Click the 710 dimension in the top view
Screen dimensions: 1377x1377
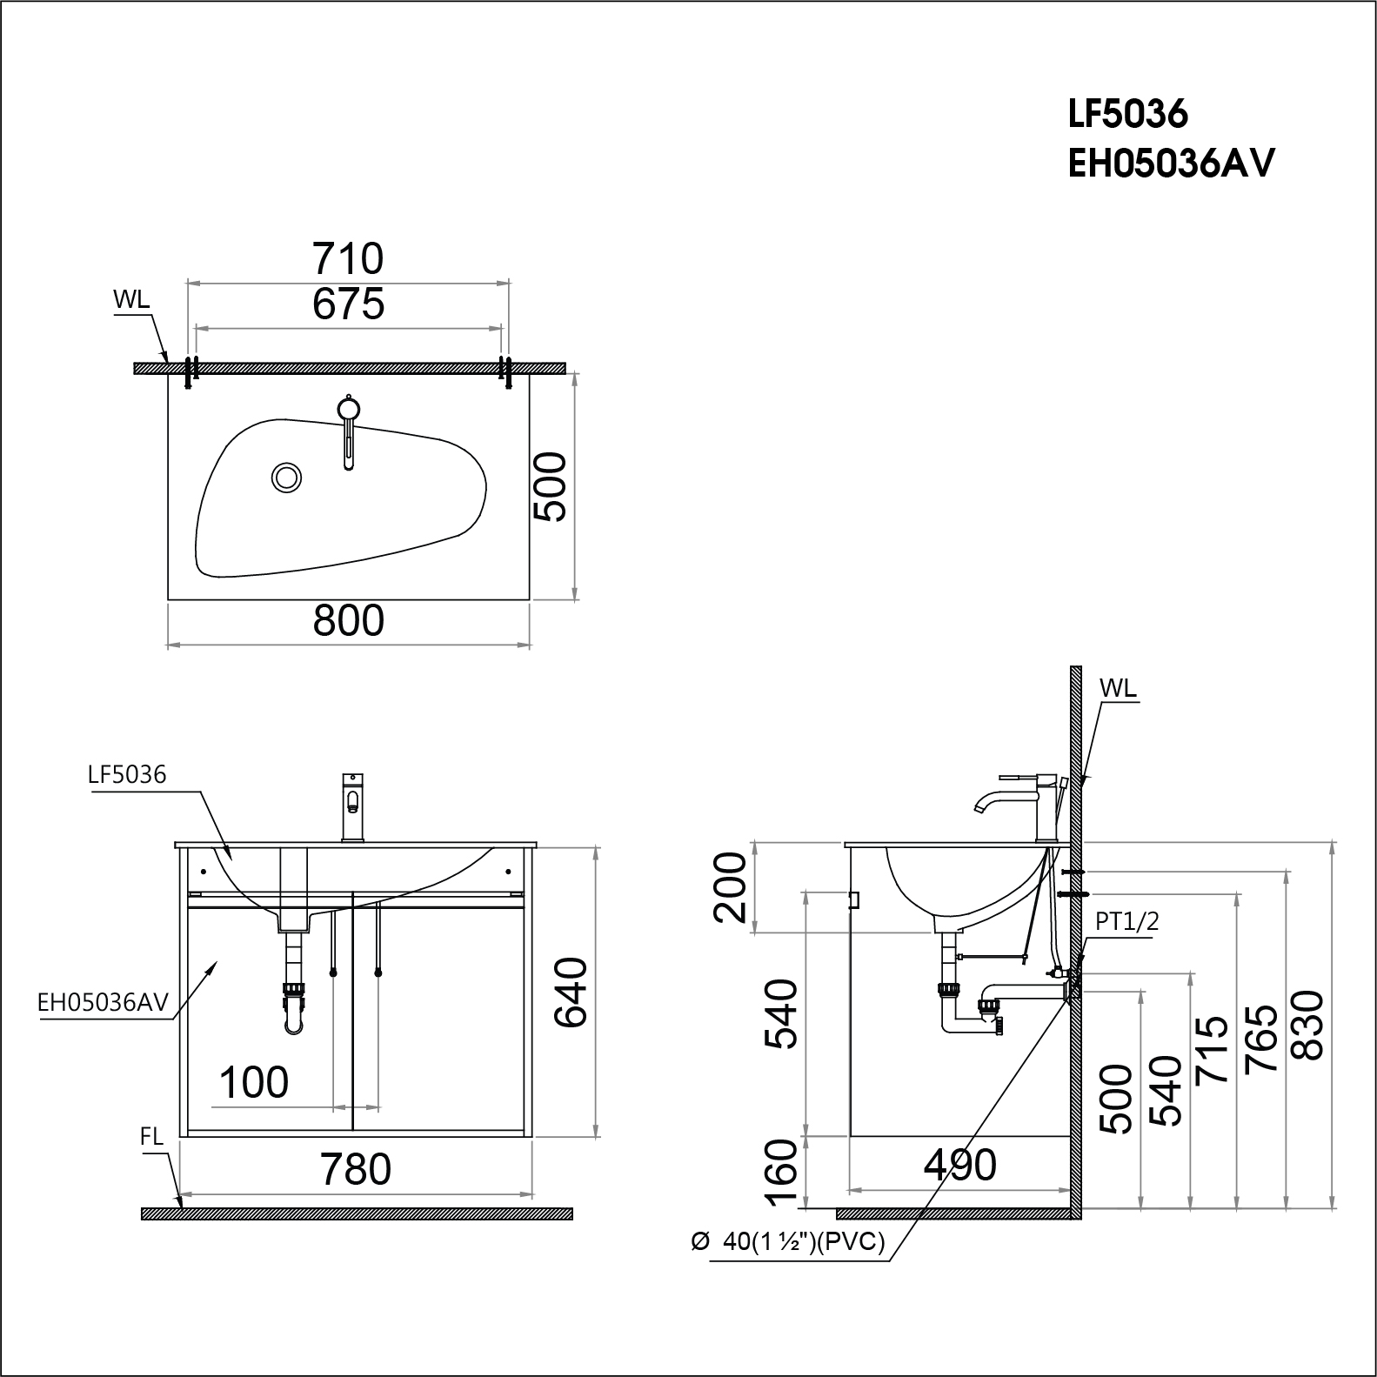pos(348,258)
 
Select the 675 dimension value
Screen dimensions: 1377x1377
pos(348,304)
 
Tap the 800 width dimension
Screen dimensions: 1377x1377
pos(348,621)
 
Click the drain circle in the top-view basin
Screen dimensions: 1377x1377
pos(286,477)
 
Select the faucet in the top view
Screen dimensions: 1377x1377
pos(348,431)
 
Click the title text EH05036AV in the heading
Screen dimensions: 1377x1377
pos(1171,164)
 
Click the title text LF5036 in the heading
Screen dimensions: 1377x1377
pos(1127,113)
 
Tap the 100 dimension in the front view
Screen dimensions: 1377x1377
pos(253,1083)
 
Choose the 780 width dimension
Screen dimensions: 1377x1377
pos(356,1169)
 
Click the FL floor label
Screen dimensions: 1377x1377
pos(151,1137)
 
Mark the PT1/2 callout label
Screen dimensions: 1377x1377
pos(1126,922)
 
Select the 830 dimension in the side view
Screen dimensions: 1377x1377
pos(1308,1025)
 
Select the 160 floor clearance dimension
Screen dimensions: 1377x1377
pos(782,1173)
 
